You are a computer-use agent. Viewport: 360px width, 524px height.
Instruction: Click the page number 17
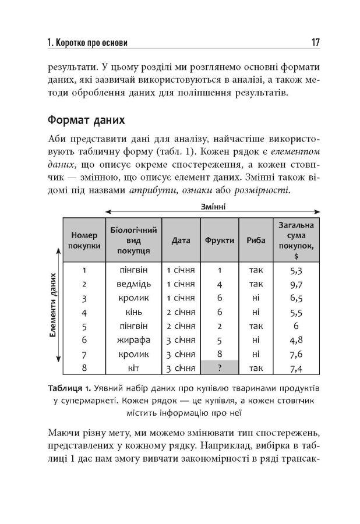click(x=315, y=43)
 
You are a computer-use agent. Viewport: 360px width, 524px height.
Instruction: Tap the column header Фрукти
click(x=220, y=240)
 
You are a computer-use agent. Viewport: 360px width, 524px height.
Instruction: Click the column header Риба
click(x=256, y=240)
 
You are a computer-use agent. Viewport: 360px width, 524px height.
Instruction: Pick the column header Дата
click(x=181, y=240)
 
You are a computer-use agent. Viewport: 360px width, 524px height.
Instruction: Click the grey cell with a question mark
click(x=220, y=368)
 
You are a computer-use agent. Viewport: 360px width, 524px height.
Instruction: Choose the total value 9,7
click(x=295, y=284)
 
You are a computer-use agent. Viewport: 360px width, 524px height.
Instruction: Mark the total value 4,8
click(x=295, y=340)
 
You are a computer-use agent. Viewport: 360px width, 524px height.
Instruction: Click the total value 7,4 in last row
click(x=295, y=368)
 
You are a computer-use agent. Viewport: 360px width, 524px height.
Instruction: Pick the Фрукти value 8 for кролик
click(x=220, y=354)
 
